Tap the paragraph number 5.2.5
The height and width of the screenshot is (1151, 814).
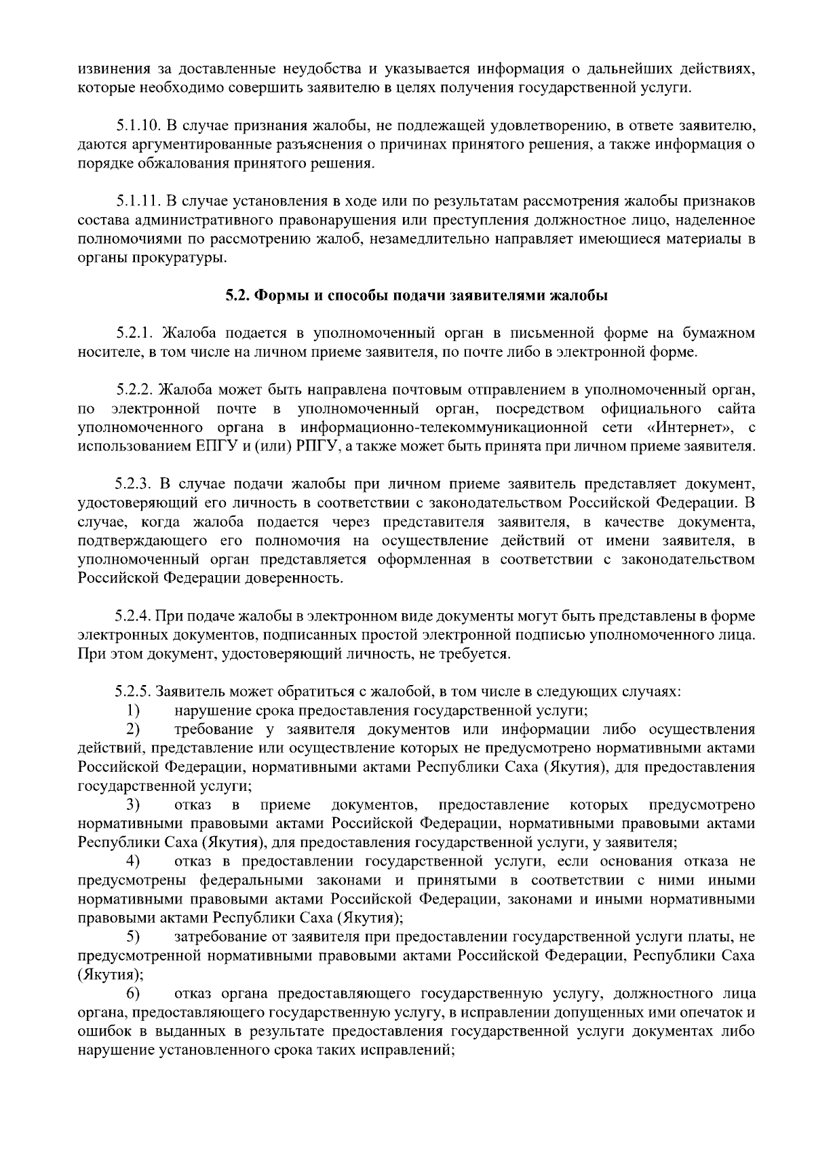tap(133, 692)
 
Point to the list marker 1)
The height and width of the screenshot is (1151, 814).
tap(133, 711)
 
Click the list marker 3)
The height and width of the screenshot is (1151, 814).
tap(133, 805)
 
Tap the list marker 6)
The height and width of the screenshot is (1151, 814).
tap(133, 994)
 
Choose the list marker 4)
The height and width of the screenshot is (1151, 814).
tap(133, 862)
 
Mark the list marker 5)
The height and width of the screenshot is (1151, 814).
tap(133, 937)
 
